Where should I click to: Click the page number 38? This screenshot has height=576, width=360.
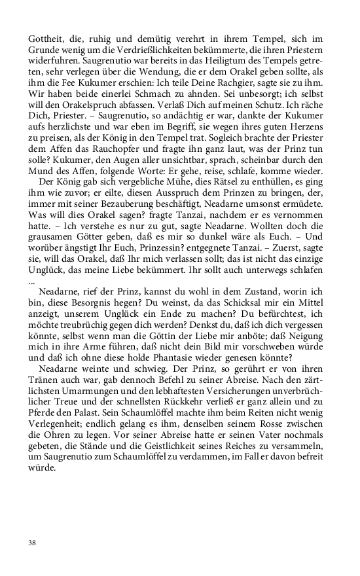(32, 542)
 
